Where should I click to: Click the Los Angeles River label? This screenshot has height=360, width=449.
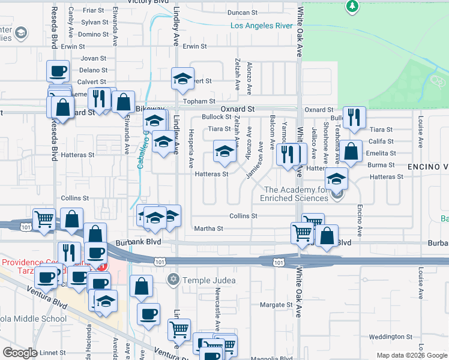(262, 26)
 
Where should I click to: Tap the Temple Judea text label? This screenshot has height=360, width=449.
(209, 280)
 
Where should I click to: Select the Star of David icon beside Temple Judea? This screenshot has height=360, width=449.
(174, 280)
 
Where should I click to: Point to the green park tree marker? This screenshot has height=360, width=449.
(352, 7)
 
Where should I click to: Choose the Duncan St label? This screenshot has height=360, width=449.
(243, 13)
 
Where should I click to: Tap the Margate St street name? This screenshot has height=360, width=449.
(276, 305)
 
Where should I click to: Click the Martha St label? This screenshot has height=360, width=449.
(208, 229)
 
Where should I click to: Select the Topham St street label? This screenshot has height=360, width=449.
(199, 102)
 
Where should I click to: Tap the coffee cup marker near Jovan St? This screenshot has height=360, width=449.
(58, 71)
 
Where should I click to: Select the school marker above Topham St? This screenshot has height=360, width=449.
(182, 79)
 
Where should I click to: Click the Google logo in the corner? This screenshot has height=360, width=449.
(20, 353)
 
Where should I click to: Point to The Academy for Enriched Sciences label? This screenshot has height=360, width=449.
(295, 194)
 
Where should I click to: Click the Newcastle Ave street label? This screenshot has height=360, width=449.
(218, 311)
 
